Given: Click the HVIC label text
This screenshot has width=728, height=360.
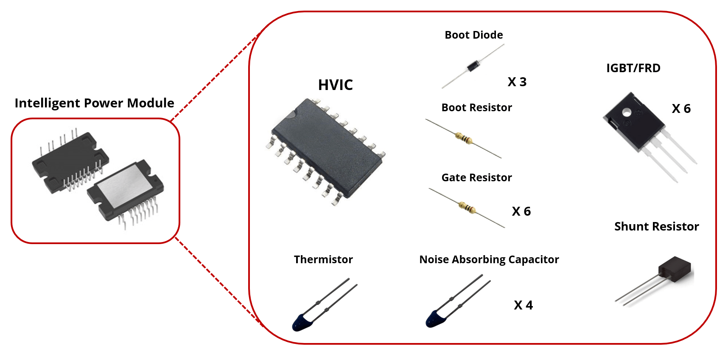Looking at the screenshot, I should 335,85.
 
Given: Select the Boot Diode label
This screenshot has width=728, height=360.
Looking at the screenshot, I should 473,35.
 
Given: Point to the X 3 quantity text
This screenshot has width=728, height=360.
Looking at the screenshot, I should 517,82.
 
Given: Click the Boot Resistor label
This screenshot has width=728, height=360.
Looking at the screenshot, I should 476,107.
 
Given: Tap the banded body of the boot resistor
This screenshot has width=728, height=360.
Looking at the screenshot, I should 463,138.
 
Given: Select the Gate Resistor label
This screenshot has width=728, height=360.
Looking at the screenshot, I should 476,177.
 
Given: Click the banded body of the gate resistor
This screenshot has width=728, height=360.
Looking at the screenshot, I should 467,208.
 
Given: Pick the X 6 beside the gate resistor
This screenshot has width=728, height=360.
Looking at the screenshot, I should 521,211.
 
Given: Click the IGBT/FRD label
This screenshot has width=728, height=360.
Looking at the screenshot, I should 633,68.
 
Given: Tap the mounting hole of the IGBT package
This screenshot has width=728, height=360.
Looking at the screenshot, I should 627,112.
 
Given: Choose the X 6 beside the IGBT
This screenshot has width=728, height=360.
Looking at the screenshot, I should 681,108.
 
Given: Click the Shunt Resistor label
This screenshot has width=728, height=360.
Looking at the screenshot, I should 656,226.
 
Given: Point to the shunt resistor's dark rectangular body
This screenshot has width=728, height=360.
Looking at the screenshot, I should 675,268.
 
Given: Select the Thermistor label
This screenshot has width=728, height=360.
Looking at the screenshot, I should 323,259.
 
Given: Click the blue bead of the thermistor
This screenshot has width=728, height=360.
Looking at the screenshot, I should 302,322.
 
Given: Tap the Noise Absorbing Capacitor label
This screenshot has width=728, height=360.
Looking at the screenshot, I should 489,259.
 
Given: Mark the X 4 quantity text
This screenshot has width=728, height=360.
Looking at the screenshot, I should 523,305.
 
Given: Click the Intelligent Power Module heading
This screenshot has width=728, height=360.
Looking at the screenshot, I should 94,103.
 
